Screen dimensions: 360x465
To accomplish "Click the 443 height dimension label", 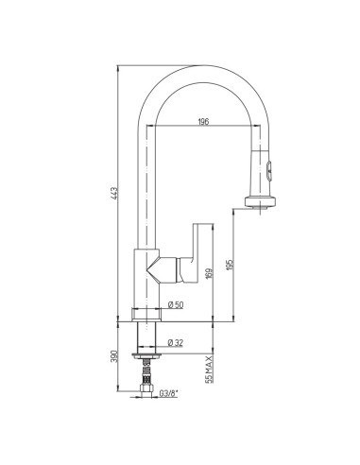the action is [x=114, y=193].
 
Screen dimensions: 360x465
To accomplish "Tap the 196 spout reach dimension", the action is [x=203, y=122].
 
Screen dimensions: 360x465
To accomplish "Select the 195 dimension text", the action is [x=230, y=265].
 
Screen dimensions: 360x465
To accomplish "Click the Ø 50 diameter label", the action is [x=176, y=304].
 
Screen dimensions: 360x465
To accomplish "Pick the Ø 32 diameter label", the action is [x=176, y=342].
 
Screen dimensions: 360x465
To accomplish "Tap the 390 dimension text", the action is [x=114, y=356].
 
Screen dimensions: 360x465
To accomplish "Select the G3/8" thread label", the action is [x=168, y=393].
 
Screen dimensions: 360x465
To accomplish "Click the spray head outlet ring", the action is [x=261, y=201].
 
